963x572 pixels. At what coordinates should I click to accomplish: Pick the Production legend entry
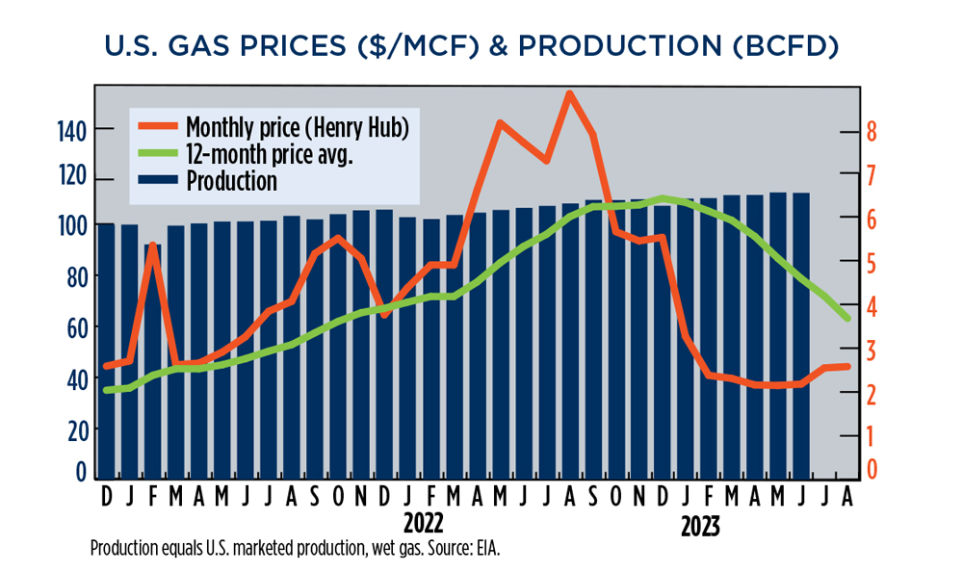231,180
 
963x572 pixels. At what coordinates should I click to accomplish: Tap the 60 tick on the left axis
75,327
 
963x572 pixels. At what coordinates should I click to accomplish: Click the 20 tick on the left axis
75,428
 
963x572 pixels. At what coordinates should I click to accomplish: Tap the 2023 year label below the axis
701,528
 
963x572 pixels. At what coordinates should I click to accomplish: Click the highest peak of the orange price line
569,93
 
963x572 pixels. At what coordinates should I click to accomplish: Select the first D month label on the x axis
105,496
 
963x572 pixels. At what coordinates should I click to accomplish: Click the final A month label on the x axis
845,496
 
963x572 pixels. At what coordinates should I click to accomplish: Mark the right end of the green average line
847,318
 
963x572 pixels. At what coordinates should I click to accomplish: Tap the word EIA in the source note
486,549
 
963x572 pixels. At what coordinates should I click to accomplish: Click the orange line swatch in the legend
155,126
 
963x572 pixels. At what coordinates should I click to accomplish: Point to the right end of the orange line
847,366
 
